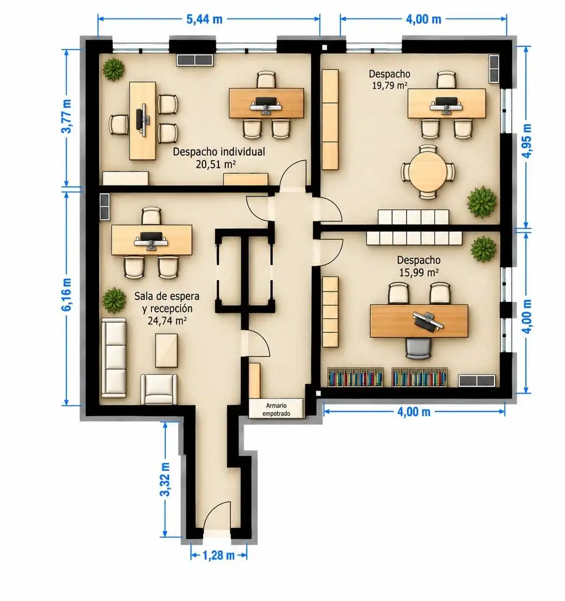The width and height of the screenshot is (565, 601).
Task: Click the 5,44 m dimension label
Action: pyautogui.click(x=204, y=19)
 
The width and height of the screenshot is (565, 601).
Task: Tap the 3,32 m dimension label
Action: pyautogui.click(x=165, y=480)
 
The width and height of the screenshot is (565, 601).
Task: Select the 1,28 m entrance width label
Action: pyautogui.click(x=219, y=555)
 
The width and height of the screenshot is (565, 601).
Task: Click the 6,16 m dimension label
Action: pyautogui.click(x=66, y=294)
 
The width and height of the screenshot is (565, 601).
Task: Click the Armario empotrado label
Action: pyautogui.click(x=276, y=410)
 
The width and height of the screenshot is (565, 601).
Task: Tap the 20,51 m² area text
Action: pyautogui.click(x=216, y=164)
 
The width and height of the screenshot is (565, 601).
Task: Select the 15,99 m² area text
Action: pyautogui.click(x=419, y=273)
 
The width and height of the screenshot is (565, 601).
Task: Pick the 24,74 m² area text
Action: pyautogui.click(x=167, y=321)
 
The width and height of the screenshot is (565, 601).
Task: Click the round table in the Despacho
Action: pyautogui.click(x=428, y=172)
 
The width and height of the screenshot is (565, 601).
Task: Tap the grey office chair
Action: pyautogui.click(x=418, y=348)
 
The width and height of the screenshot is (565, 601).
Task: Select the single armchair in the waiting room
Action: pyautogui.click(x=159, y=388)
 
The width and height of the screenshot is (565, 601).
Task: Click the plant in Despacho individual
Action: pyautogui.click(x=113, y=70)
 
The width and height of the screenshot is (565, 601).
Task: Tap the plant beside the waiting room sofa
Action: pyautogui.click(x=114, y=300)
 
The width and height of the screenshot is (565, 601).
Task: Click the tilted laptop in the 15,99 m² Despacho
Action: pyautogui.click(x=428, y=321)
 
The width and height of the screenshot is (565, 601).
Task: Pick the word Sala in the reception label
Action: pyautogui.click(x=144, y=296)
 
